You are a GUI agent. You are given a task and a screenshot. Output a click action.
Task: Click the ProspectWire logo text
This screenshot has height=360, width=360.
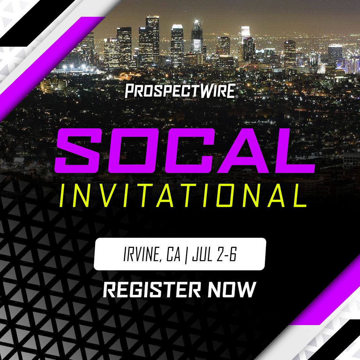(x=181, y=91)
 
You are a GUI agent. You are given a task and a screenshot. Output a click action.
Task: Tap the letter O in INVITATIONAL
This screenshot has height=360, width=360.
(x=226, y=195)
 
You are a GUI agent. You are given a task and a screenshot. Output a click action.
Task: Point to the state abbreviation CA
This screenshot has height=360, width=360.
(x=173, y=254)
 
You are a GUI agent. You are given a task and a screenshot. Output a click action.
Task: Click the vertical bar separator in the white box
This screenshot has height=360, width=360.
(x=186, y=255)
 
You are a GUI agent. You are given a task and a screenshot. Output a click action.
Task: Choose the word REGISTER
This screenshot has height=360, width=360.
(x=152, y=289)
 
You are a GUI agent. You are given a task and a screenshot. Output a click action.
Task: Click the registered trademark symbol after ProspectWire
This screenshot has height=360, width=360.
(x=237, y=97)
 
